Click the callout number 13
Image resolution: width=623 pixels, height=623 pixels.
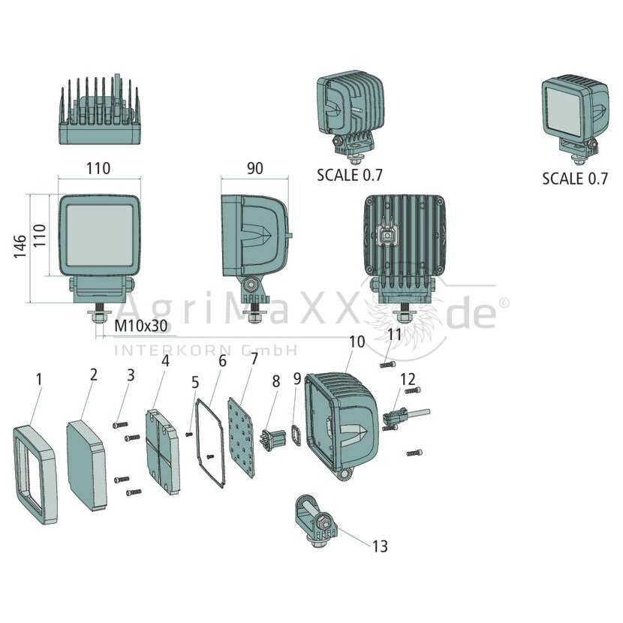[380, 546]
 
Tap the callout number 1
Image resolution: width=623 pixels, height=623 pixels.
[39, 380]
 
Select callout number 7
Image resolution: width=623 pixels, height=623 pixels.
[254, 358]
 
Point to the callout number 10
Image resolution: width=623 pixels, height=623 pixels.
[357, 342]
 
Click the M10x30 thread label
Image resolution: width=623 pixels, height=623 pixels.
[141, 326]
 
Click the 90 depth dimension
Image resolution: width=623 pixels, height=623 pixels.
[254, 168]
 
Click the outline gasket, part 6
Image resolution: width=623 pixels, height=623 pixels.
[210, 443]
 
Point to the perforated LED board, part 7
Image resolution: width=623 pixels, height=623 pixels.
[241, 438]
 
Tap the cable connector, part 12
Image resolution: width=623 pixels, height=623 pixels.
[405, 417]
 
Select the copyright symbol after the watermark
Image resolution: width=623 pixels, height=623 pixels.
[504, 303]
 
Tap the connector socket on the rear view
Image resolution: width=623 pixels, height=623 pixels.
[385, 237]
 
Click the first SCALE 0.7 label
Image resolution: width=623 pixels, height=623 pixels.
[349, 175]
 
